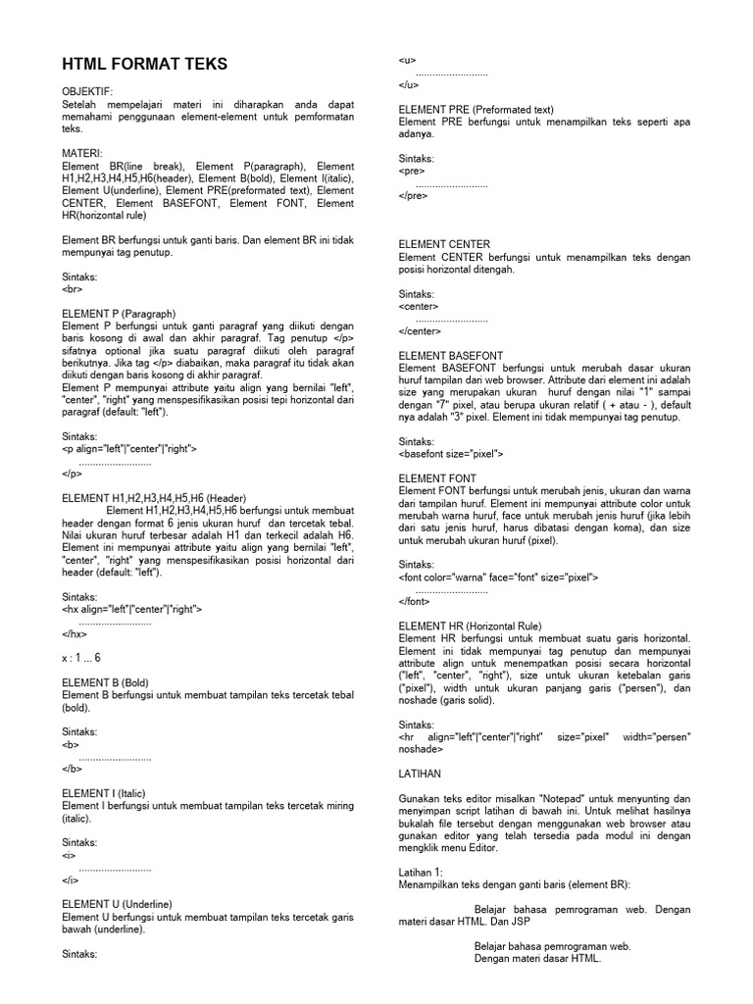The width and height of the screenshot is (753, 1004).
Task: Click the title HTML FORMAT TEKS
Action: pyautogui.click(x=144, y=66)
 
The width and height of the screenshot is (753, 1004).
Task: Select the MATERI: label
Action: pyautogui.click(x=82, y=155)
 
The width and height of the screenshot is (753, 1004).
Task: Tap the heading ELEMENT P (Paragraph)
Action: pyautogui.click(x=119, y=314)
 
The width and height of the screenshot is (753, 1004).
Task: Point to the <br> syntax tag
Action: pyautogui.click(x=72, y=289)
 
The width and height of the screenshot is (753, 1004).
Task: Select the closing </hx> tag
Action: pyautogui.click(x=75, y=633)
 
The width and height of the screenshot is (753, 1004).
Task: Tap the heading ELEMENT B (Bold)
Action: pyautogui.click(x=105, y=682)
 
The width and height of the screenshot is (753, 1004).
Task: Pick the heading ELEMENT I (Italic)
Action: pyautogui.click(x=105, y=793)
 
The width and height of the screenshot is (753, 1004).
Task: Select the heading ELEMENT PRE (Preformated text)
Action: pyautogui.click(x=477, y=110)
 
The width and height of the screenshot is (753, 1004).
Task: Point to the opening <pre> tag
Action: pyautogui.click(x=413, y=171)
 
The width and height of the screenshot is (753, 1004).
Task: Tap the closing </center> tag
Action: pyautogui.click(x=420, y=330)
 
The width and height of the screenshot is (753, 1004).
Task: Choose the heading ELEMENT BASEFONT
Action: pyautogui.click(x=452, y=355)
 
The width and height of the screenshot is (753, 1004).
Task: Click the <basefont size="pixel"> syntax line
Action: pyautogui.click(x=451, y=454)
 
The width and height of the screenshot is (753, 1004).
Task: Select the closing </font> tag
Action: pyautogui.click(x=416, y=601)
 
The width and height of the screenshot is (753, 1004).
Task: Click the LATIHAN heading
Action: pyautogui.click(x=421, y=774)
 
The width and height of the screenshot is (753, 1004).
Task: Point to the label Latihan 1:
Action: pyautogui.click(x=422, y=872)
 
